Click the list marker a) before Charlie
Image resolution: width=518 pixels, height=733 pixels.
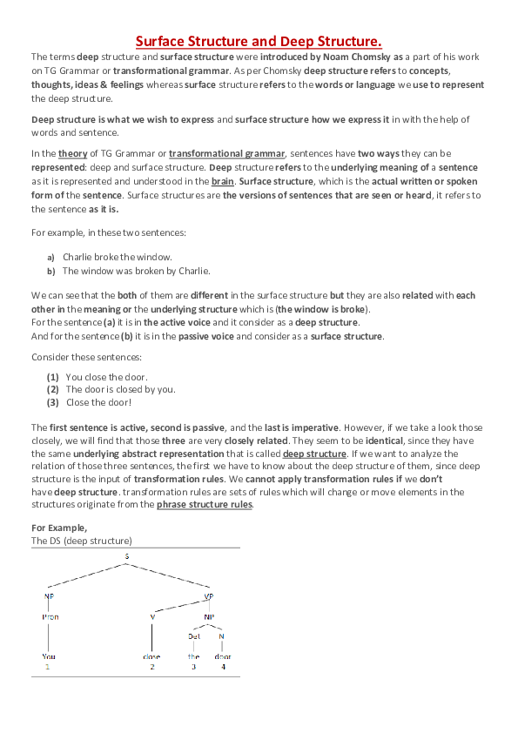pos(50,258)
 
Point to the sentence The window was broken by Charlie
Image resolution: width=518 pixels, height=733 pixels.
pos(137,271)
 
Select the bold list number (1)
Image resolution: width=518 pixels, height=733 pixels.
pos(52,377)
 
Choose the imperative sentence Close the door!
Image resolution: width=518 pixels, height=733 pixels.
pos(99,402)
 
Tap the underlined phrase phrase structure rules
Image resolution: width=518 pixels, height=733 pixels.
pos(205,504)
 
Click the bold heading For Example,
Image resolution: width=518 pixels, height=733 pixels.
pos(59,528)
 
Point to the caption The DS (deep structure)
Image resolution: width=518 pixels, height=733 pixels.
pos(82,541)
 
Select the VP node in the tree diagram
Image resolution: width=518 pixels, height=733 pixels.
pos(208,596)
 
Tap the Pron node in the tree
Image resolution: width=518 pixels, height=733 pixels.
pos(50,616)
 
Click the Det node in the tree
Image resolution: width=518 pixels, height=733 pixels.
pos(194,636)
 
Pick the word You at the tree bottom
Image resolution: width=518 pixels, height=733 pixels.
pos(49,656)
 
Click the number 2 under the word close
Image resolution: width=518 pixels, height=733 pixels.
pos(151,667)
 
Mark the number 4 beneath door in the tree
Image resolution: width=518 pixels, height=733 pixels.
pos(223,667)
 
